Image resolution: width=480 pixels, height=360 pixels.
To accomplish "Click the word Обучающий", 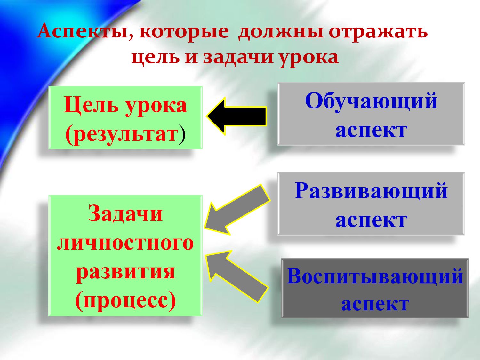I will pyautogui.click(x=371, y=101).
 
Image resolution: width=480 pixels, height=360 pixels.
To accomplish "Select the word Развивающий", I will pyautogui.click(x=371, y=191).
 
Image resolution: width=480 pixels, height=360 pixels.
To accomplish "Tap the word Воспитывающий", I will pyautogui.click(x=375, y=276).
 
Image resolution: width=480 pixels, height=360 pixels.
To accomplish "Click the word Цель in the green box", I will pyautogui.click(x=91, y=105).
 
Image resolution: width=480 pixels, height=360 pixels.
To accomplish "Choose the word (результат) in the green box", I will pyautogui.click(x=125, y=133).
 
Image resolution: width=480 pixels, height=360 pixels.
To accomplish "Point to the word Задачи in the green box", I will pyautogui.click(x=125, y=213).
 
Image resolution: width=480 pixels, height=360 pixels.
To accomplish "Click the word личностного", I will pyautogui.click(x=125, y=243).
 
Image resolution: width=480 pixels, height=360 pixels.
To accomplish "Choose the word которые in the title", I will pyautogui.click(x=184, y=32).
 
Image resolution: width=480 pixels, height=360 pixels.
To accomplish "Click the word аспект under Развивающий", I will pyautogui.click(x=371, y=220).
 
